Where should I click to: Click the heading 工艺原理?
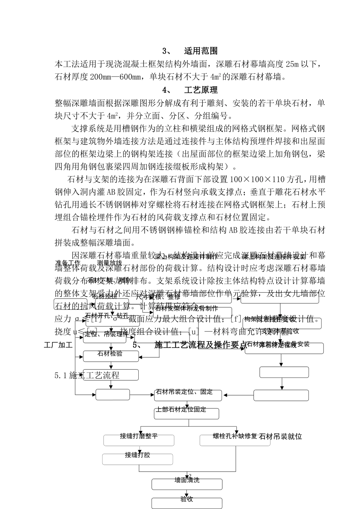tap(200, 90)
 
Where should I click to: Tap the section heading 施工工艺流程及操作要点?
tap(200, 345)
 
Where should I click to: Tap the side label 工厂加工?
tap(58, 345)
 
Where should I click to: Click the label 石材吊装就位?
tap(280, 437)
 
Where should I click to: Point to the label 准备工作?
tap(68, 262)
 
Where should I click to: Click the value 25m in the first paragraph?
tap(291, 64)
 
